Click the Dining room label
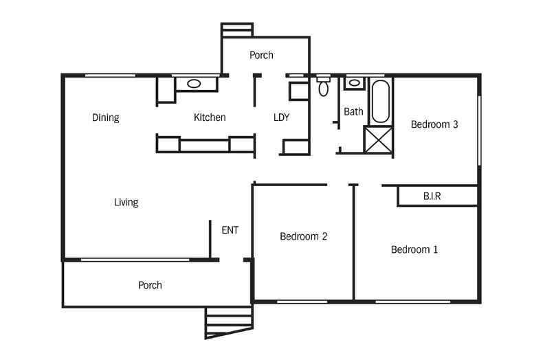click(x=106, y=117)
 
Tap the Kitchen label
click(x=210, y=117)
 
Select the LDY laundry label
click(x=281, y=117)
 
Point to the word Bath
click(x=353, y=111)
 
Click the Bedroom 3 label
click(x=434, y=124)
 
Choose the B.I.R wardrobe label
click(x=432, y=196)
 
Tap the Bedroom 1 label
click(x=414, y=249)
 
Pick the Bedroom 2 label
click(x=303, y=236)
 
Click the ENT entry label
click(x=230, y=230)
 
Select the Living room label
click(x=126, y=202)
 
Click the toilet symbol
click(x=324, y=87)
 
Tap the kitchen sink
click(x=194, y=84)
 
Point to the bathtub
click(x=381, y=101)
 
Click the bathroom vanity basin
click(x=353, y=83)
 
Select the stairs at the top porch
click(x=237, y=30)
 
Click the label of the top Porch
click(x=261, y=55)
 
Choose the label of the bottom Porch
click(x=150, y=284)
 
